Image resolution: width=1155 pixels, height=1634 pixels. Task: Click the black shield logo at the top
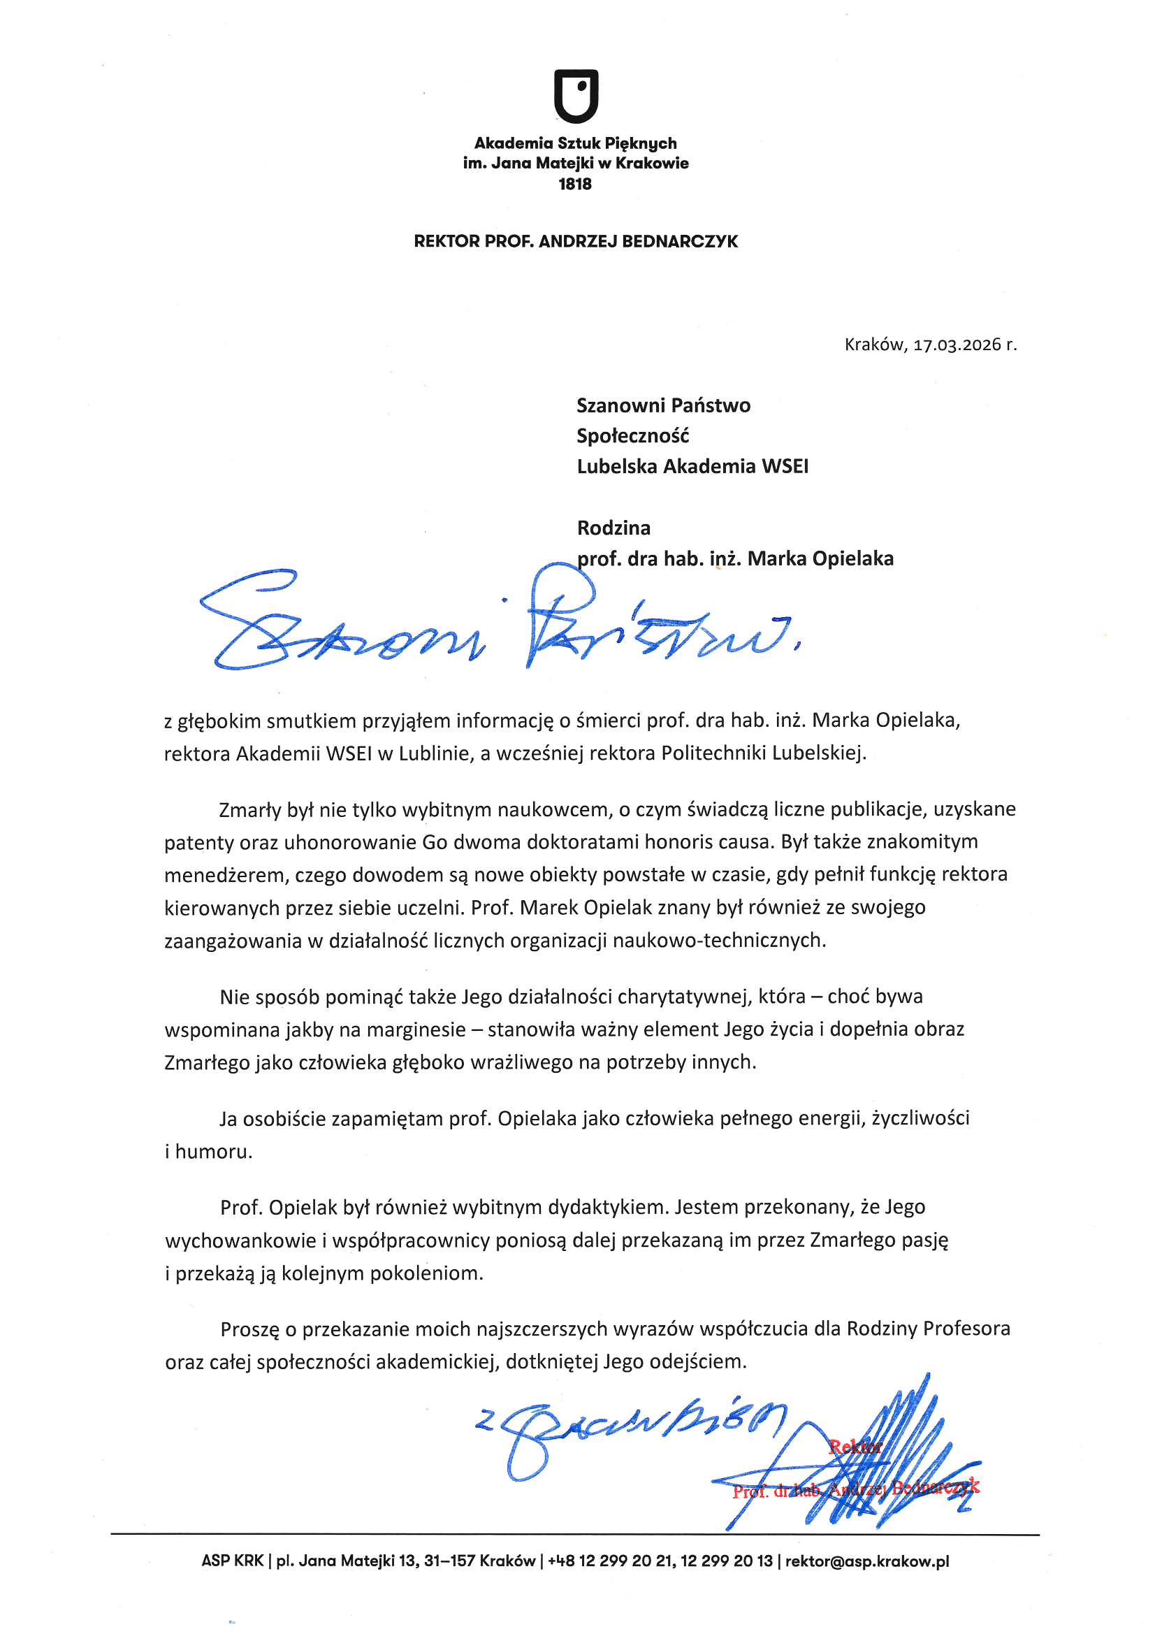pos(576,96)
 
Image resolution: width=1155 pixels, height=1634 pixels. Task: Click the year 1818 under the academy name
pos(575,185)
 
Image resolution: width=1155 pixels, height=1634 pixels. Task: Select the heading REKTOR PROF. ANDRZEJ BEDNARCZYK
pos(576,242)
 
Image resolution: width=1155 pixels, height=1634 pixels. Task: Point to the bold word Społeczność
pos(632,436)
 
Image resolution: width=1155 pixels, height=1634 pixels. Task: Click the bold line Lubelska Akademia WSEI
pos(692,467)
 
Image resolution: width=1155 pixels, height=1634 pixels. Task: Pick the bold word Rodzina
pos(613,528)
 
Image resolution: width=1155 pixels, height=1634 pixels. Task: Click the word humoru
pos(214,1152)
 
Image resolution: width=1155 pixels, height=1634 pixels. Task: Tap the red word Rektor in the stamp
pos(855,1447)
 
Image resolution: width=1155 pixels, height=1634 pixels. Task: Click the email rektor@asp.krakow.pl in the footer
pos(867,1561)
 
